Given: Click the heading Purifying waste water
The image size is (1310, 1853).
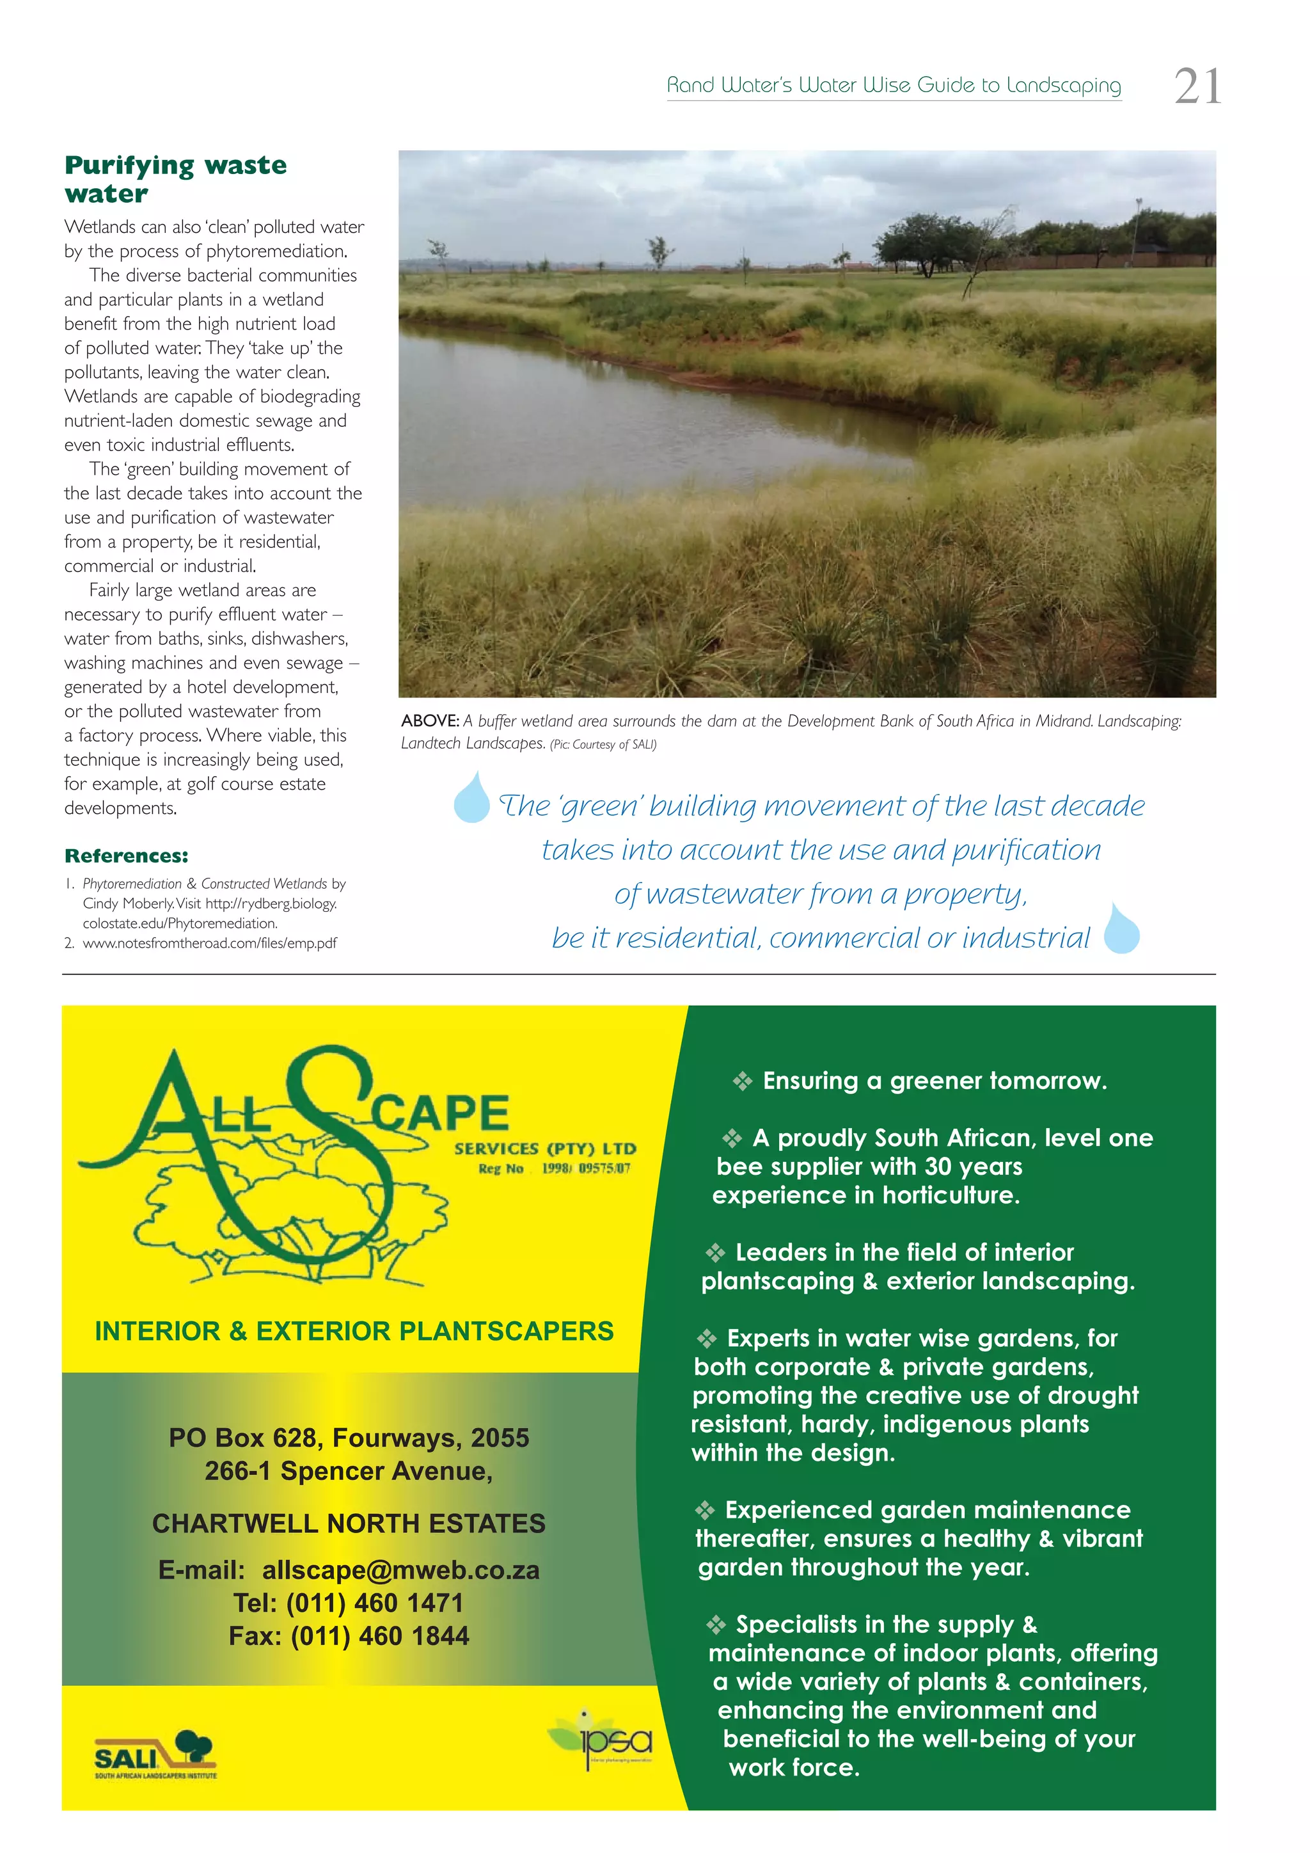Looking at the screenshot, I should click(176, 179).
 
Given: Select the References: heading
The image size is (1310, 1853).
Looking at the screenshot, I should click(127, 855).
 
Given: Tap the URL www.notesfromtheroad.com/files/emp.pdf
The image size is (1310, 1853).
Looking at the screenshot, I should click(210, 942).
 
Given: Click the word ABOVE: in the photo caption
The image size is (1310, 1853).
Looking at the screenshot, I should click(430, 720).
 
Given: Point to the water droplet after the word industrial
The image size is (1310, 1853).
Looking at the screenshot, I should click(1121, 930).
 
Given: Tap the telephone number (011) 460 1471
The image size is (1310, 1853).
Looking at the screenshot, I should click(374, 1603).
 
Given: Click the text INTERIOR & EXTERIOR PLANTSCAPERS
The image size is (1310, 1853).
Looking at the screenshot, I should click(354, 1331).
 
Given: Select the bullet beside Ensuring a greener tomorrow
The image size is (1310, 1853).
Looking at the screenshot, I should click(742, 1081).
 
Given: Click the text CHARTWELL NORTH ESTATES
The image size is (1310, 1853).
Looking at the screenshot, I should click(349, 1523).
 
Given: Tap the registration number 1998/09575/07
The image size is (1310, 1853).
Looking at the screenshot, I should click(586, 1168).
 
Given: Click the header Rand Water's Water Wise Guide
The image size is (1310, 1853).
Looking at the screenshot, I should click(894, 84).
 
